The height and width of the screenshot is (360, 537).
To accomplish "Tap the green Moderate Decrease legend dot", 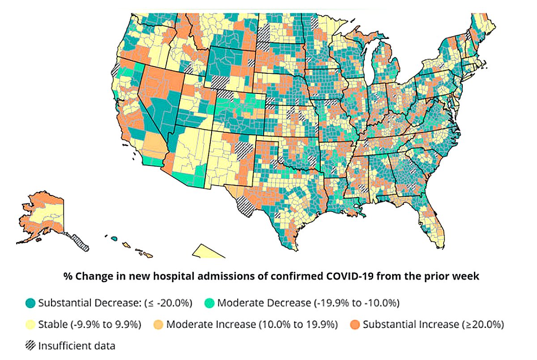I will click(x=209, y=303).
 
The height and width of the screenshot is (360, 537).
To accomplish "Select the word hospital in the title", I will click(x=177, y=276).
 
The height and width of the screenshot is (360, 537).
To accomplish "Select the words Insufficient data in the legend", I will click(x=77, y=345).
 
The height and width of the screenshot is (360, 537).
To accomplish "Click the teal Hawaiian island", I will click(x=115, y=238).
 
